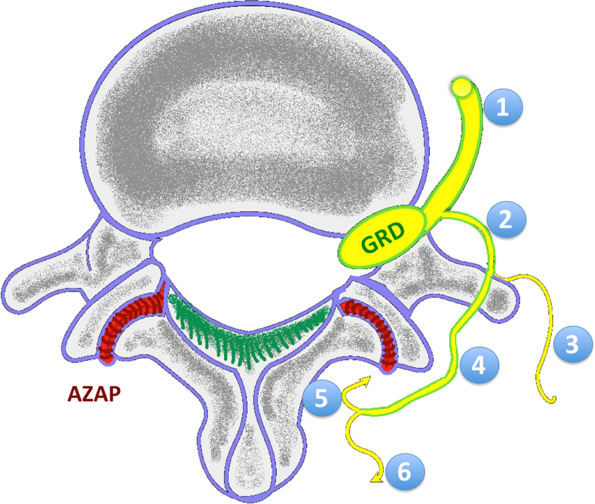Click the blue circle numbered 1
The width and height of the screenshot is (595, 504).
tap(503, 107)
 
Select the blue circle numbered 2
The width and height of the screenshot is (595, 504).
tap(506, 219)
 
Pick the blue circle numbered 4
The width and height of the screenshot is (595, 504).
tap(479, 365)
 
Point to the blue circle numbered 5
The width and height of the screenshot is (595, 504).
tap(321, 398)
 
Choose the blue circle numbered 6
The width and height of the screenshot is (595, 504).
tap(405, 472)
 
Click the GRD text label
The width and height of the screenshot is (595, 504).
tap(383, 238)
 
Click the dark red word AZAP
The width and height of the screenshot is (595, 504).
tap(94, 394)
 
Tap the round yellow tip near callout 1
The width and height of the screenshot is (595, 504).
tap(462, 88)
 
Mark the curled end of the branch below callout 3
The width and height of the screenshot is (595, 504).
tap(553, 400)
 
